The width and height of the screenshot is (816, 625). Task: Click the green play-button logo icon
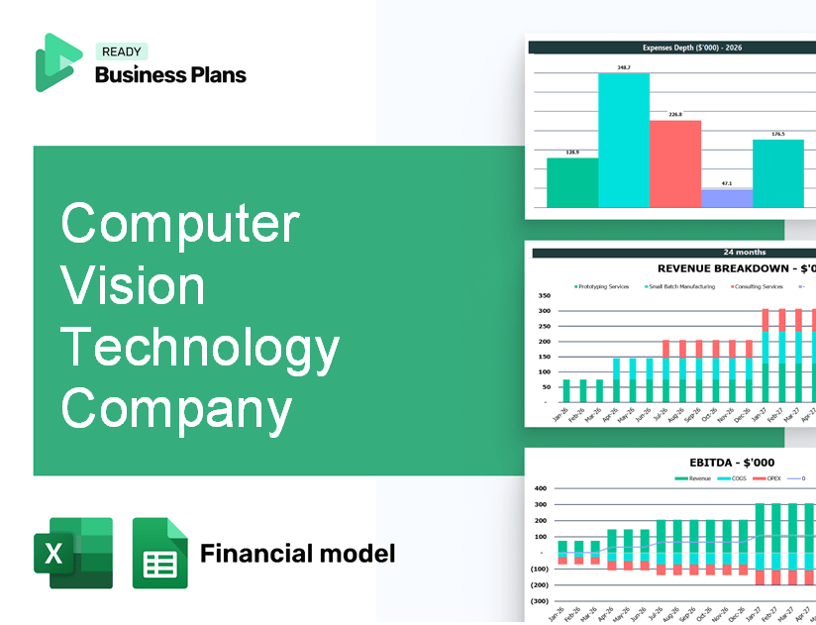[x=56, y=62]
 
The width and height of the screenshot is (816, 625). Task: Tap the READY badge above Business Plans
[x=121, y=52]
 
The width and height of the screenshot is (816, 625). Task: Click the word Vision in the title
[x=134, y=286]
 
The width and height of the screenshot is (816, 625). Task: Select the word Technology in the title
[x=201, y=348]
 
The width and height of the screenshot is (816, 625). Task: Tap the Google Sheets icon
[x=160, y=553]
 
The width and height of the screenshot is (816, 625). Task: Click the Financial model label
[x=297, y=553]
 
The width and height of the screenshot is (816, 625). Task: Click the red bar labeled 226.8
[x=675, y=163]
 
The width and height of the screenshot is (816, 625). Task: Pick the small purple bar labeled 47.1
[x=726, y=198]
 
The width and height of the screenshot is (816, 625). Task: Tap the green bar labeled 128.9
[x=572, y=182]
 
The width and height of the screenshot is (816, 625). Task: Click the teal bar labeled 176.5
[x=778, y=173]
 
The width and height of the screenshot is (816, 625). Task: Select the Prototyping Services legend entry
[x=602, y=287]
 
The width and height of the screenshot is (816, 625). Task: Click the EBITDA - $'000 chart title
[x=732, y=462]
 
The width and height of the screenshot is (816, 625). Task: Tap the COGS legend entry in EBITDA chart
[x=736, y=477]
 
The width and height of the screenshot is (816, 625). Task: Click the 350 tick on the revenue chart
[x=544, y=295]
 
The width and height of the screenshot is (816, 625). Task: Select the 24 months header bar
[x=744, y=253]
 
